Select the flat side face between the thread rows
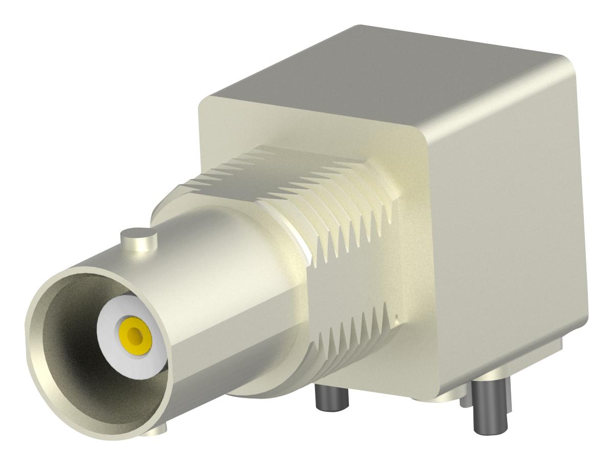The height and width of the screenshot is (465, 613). click(x=353, y=286)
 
